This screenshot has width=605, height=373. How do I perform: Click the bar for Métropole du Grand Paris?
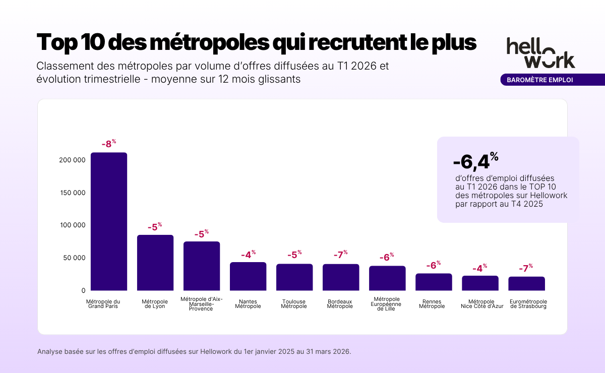tap(108, 222)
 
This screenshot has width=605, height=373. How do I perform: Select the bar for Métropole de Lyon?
tap(155, 263)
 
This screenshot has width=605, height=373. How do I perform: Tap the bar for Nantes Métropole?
tap(248, 276)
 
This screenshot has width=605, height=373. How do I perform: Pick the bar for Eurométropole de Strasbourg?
tap(526, 284)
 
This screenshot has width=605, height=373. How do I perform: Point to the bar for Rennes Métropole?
tap(434, 282)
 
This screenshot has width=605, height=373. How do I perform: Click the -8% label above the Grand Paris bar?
tap(108, 144)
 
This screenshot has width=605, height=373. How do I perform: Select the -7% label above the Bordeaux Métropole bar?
tap(341, 255)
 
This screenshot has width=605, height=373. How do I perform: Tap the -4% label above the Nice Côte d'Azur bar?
tap(479, 268)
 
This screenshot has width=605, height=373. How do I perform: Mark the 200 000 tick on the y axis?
tap(72, 160)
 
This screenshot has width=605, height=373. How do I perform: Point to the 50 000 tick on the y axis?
tap(74, 258)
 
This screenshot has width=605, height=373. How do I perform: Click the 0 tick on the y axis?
tap(83, 291)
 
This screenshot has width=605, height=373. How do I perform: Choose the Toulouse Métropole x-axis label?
tap(294, 304)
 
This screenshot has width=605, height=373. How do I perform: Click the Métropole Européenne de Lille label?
tap(387, 304)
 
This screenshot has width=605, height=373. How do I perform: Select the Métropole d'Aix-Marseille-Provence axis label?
tap(201, 304)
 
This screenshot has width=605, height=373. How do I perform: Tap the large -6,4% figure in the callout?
tap(475, 161)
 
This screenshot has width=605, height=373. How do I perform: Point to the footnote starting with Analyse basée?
tap(194, 351)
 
